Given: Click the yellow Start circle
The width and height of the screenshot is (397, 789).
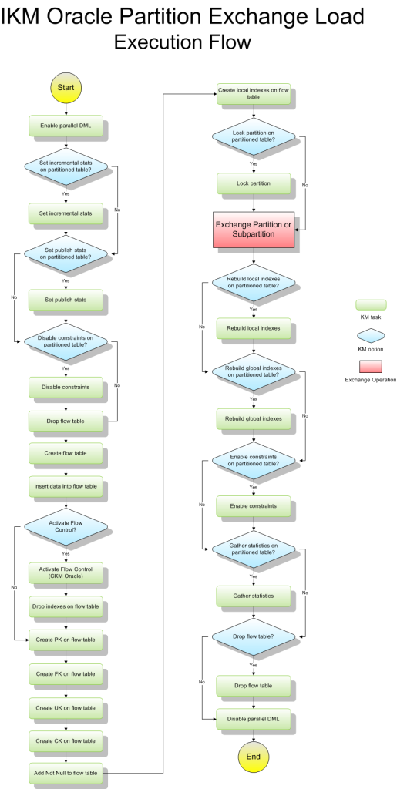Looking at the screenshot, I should tap(66, 88).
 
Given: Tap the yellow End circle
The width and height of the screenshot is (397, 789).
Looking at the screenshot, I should tap(253, 757).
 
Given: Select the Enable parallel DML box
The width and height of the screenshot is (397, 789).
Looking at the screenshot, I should tap(66, 125).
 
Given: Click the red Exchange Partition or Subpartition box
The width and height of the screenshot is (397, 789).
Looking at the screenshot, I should tap(254, 230).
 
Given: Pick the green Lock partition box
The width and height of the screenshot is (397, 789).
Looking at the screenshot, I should tap(254, 183).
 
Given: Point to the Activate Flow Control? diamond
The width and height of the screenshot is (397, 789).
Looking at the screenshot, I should tap(66, 527).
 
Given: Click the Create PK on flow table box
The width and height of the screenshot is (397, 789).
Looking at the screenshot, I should tap(66, 640).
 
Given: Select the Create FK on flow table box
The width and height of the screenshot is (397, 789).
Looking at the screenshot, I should tap(66, 673).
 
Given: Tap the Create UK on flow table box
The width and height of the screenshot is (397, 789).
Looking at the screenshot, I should tap(66, 707).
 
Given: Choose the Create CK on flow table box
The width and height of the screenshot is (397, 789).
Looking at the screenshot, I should tap(66, 741).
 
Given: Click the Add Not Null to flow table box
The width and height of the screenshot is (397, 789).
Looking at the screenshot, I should tap(66, 772).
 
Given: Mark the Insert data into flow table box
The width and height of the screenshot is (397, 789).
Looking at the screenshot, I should tap(66, 487).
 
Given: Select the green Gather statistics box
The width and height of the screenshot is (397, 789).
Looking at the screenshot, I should tap(254, 596).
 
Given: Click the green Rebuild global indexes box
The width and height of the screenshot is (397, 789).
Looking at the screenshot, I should tap(254, 418).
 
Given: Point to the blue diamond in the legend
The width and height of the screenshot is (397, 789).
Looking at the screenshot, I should tap(371, 335).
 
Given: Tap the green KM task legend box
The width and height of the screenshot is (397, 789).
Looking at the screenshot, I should tap(371, 305).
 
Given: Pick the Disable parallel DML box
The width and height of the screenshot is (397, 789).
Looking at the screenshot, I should tap(254, 719).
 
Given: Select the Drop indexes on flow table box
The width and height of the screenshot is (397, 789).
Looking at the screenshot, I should tap(66, 607).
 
